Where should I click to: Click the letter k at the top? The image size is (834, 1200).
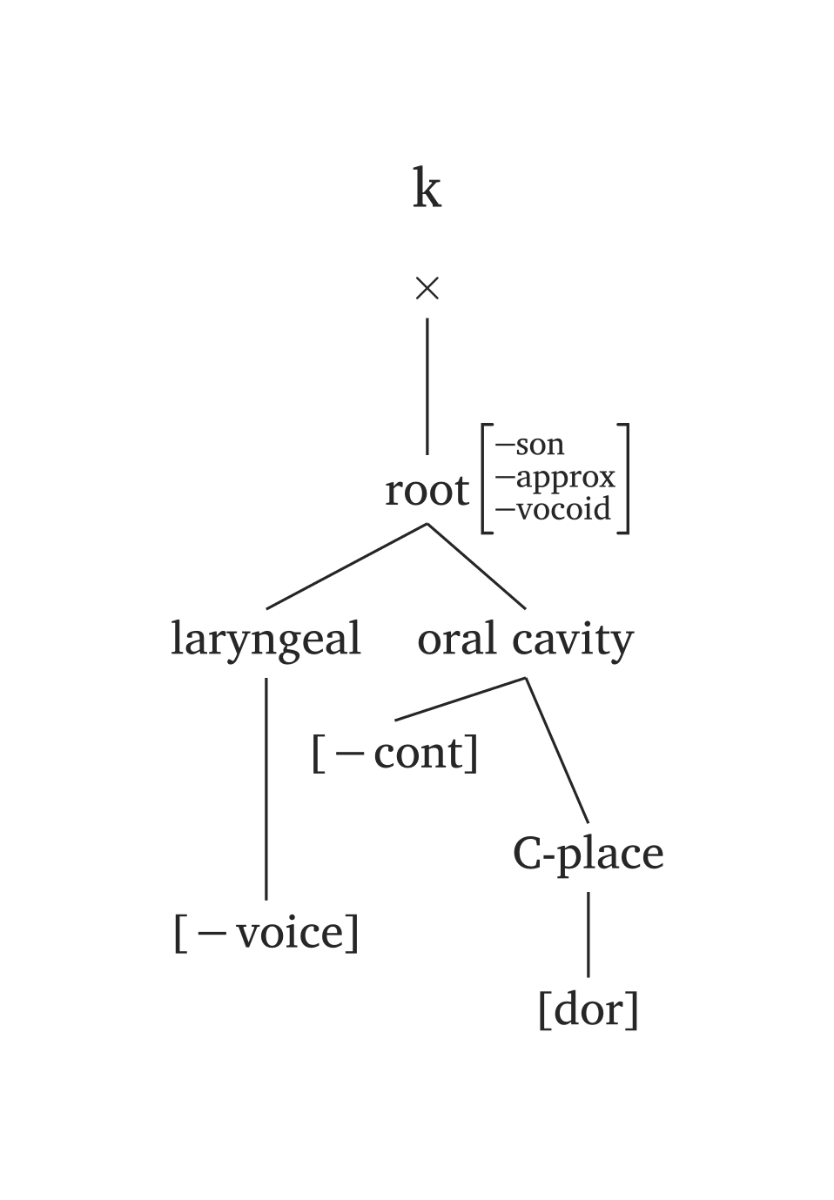[427, 189]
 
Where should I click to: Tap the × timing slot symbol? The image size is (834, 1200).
[427, 288]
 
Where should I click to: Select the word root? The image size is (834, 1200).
[427, 491]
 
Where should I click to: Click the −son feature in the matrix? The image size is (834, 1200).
[530, 445]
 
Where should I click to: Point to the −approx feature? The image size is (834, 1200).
[555, 478]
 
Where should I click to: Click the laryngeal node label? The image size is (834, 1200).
[266, 640]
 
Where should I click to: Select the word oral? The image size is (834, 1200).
[457, 640]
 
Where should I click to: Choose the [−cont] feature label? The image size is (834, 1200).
[395, 753]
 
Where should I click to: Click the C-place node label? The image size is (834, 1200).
[588, 854]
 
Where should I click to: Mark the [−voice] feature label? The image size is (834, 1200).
[266, 933]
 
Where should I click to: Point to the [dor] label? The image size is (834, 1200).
[589, 1009]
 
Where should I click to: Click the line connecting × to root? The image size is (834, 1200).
[427, 386]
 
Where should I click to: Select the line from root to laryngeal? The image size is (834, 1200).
[346, 566]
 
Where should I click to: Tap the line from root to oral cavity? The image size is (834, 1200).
[476, 566]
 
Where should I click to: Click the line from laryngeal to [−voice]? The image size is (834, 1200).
[266, 788]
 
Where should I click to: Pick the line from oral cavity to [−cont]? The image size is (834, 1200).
[461, 699]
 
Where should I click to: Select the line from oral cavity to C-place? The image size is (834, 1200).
[557, 750]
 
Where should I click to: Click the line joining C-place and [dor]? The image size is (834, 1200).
[589, 934]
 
